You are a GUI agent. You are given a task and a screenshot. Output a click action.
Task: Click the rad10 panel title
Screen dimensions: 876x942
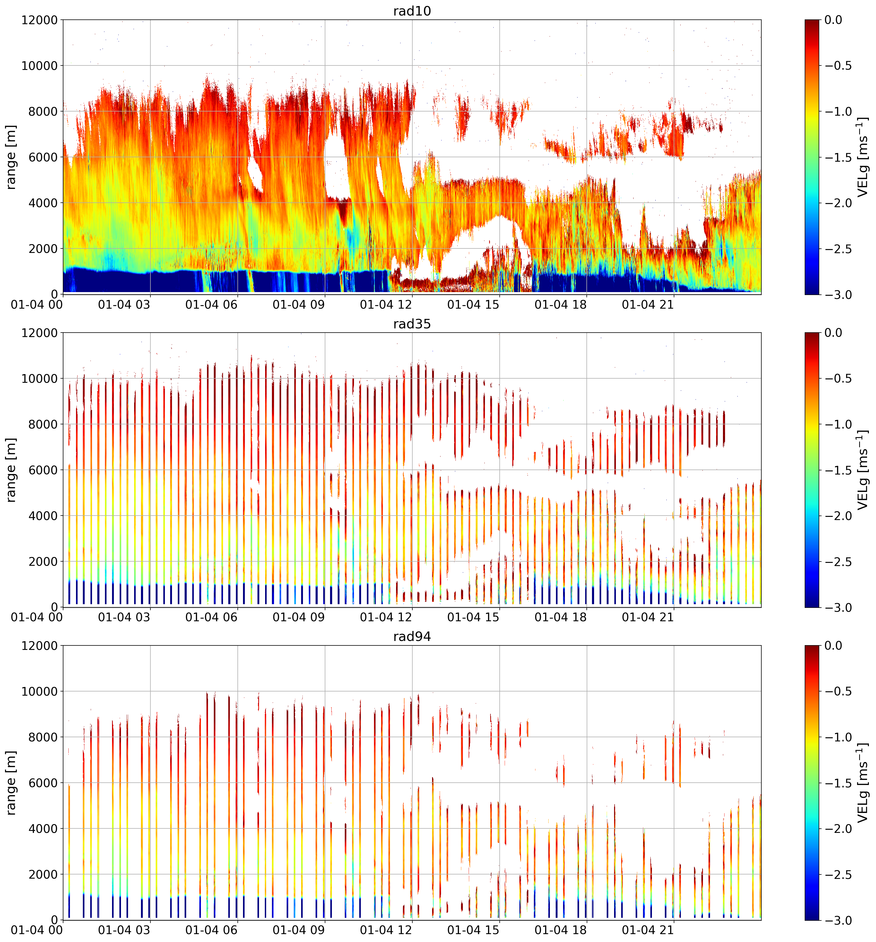[x=412, y=11]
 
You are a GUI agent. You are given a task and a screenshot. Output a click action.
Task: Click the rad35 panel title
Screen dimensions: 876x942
[x=412, y=324]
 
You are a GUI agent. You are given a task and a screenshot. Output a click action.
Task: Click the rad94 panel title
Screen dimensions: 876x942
[x=412, y=637]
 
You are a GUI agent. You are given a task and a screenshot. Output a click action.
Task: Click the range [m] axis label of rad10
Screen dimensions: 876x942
[x=11, y=157]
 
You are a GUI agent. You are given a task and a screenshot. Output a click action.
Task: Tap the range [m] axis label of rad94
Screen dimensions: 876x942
[x=11, y=783]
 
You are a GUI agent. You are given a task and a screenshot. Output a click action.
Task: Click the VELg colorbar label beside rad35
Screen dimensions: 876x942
[x=863, y=470]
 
